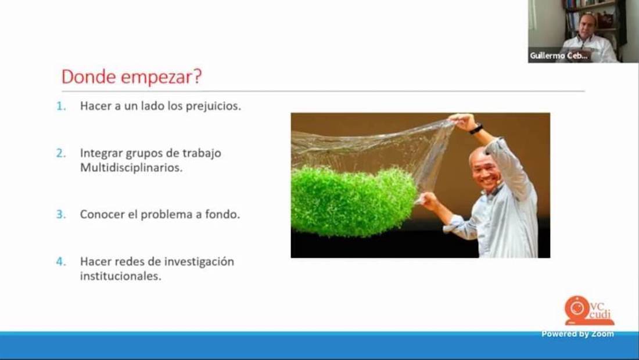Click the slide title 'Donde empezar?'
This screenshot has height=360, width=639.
[132, 77]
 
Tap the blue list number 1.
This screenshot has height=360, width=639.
[61, 106]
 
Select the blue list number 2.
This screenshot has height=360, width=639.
[61, 153]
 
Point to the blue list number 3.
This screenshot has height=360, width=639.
[61, 214]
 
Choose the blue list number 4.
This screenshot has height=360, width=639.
[61, 261]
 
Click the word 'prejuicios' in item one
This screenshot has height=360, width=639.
[213, 106]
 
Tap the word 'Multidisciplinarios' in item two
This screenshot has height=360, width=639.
[131, 167]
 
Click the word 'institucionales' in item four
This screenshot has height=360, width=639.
[121, 276]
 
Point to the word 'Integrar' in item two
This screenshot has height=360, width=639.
[101, 153]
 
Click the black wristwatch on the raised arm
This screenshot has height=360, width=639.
[475, 129]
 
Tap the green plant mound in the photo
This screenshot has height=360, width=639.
[354, 201]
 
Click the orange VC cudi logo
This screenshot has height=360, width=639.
[588, 310]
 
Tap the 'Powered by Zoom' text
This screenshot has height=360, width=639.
[577, 334]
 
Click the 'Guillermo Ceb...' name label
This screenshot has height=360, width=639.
[559, 56]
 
